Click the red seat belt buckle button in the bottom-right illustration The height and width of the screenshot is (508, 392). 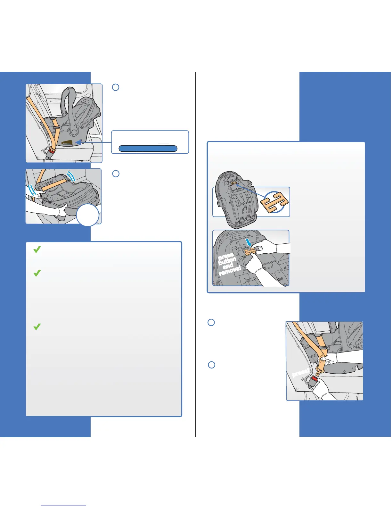(314, 383)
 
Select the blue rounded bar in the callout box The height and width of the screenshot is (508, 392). (148, 148)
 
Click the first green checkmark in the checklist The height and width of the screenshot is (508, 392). (37, 250)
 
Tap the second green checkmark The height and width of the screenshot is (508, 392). (37, 273)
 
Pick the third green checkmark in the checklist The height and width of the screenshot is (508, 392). (37, 327)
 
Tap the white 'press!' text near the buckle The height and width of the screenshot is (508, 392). (301, 373)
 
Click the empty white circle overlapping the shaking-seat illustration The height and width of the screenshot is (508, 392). (88, 215)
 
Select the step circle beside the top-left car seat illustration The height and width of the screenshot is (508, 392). (116, 87)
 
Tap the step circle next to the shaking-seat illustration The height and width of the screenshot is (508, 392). (116, 174)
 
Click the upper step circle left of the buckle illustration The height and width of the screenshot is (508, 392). (211, 322)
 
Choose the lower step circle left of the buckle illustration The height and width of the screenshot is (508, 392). (211, 365)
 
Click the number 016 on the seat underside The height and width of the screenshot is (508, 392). (280, 279)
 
